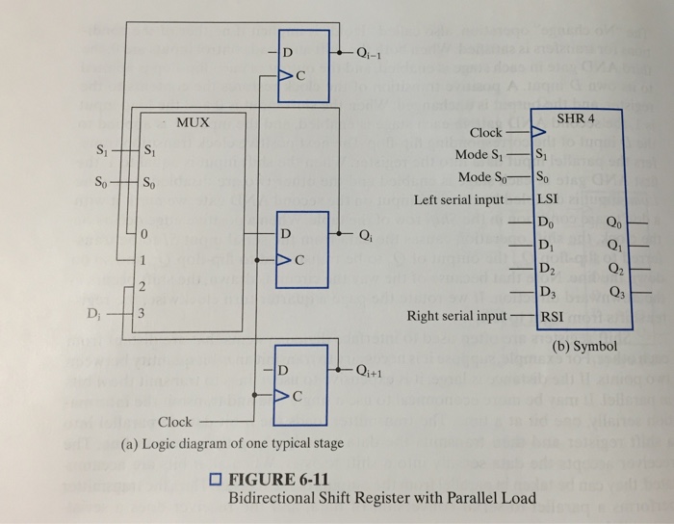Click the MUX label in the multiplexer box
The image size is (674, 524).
click(193, 123)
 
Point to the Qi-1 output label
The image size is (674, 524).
click(370, 53)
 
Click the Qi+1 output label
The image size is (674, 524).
click(371, 374)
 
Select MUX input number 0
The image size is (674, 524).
click(142, 234)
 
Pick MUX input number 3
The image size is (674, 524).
click(142, 315)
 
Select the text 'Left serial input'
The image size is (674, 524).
click(458, 200)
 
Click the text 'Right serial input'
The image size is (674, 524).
click(455, 315)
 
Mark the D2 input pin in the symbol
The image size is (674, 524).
click(546, 268)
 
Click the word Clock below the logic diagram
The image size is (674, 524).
click(175, 422)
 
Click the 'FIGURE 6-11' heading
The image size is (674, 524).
click(279, 481)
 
